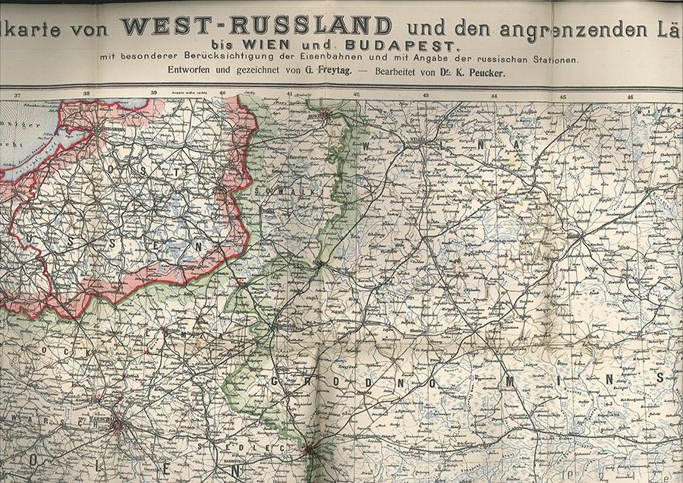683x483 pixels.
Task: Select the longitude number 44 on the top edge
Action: point(494,96)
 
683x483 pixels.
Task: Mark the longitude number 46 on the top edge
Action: point(630,96)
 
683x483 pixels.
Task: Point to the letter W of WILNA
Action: point(367,145)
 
